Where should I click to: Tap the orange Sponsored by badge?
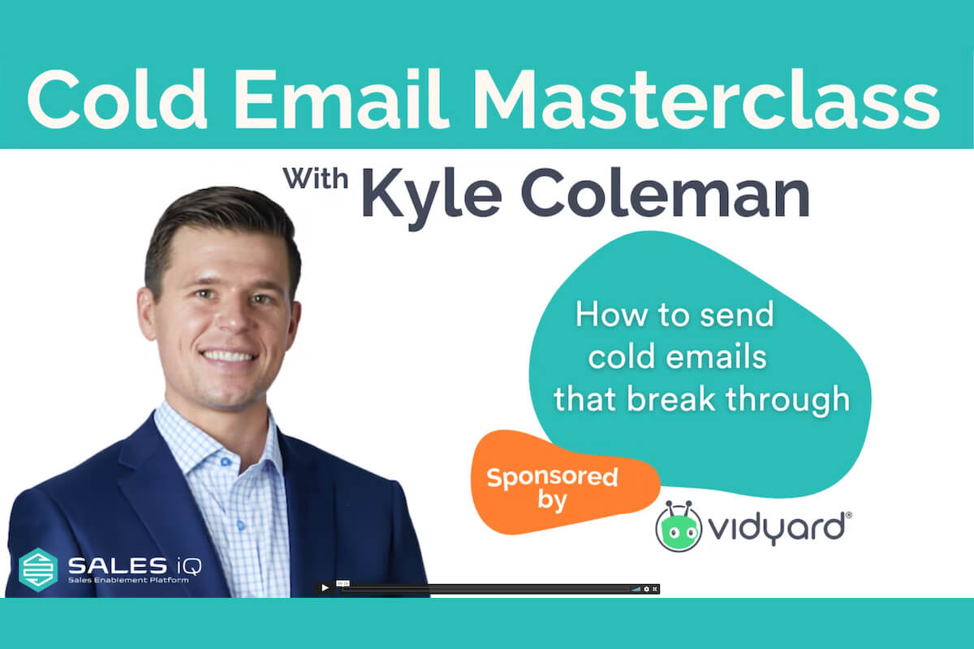(551, 487)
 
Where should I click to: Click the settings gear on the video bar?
(646, 588)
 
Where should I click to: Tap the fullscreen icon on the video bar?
(655, 588)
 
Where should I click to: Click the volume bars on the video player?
(636, 588)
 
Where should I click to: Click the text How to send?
(674, 315)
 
